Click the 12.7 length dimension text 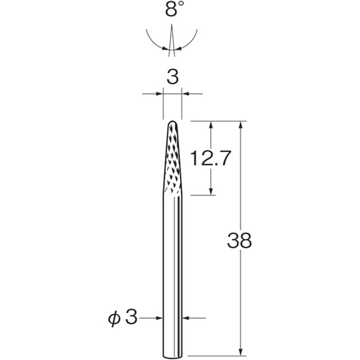pos(210,158)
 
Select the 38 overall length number pos(239,240)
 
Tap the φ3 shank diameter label pos(122,318)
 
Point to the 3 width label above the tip pos(173,77)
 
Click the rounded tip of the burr pos(173,122)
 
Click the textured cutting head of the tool pos(173,158)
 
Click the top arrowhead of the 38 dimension pos(241,125)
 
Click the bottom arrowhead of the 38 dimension pos(241,352)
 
